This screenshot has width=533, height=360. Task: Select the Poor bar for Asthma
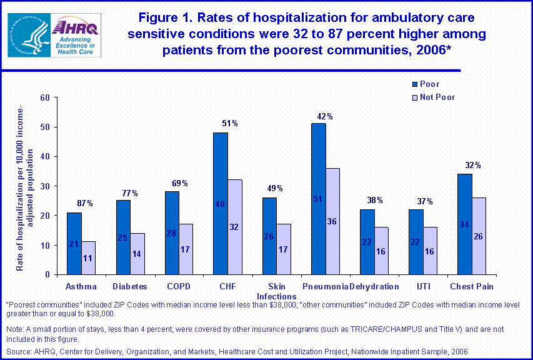point(74,243)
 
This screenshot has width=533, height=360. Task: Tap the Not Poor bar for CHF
point(234,227)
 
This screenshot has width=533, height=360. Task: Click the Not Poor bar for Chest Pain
point(478,236)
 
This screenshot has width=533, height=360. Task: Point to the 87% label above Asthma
point(86,203)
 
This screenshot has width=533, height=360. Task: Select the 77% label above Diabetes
point(130,193)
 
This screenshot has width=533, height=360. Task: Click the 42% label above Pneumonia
point(325,116)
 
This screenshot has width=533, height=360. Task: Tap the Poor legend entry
point(429,84)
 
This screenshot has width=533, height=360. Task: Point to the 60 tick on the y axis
point(44,97)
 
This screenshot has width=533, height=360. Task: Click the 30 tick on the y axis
point(44,186)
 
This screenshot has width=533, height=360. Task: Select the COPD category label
point(178,286)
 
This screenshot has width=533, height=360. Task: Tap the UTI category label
point(423,286)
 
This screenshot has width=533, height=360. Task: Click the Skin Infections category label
point(276,291)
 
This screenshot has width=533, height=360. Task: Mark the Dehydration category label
point(374,286)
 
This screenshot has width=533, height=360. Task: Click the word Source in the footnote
point(18,351)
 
